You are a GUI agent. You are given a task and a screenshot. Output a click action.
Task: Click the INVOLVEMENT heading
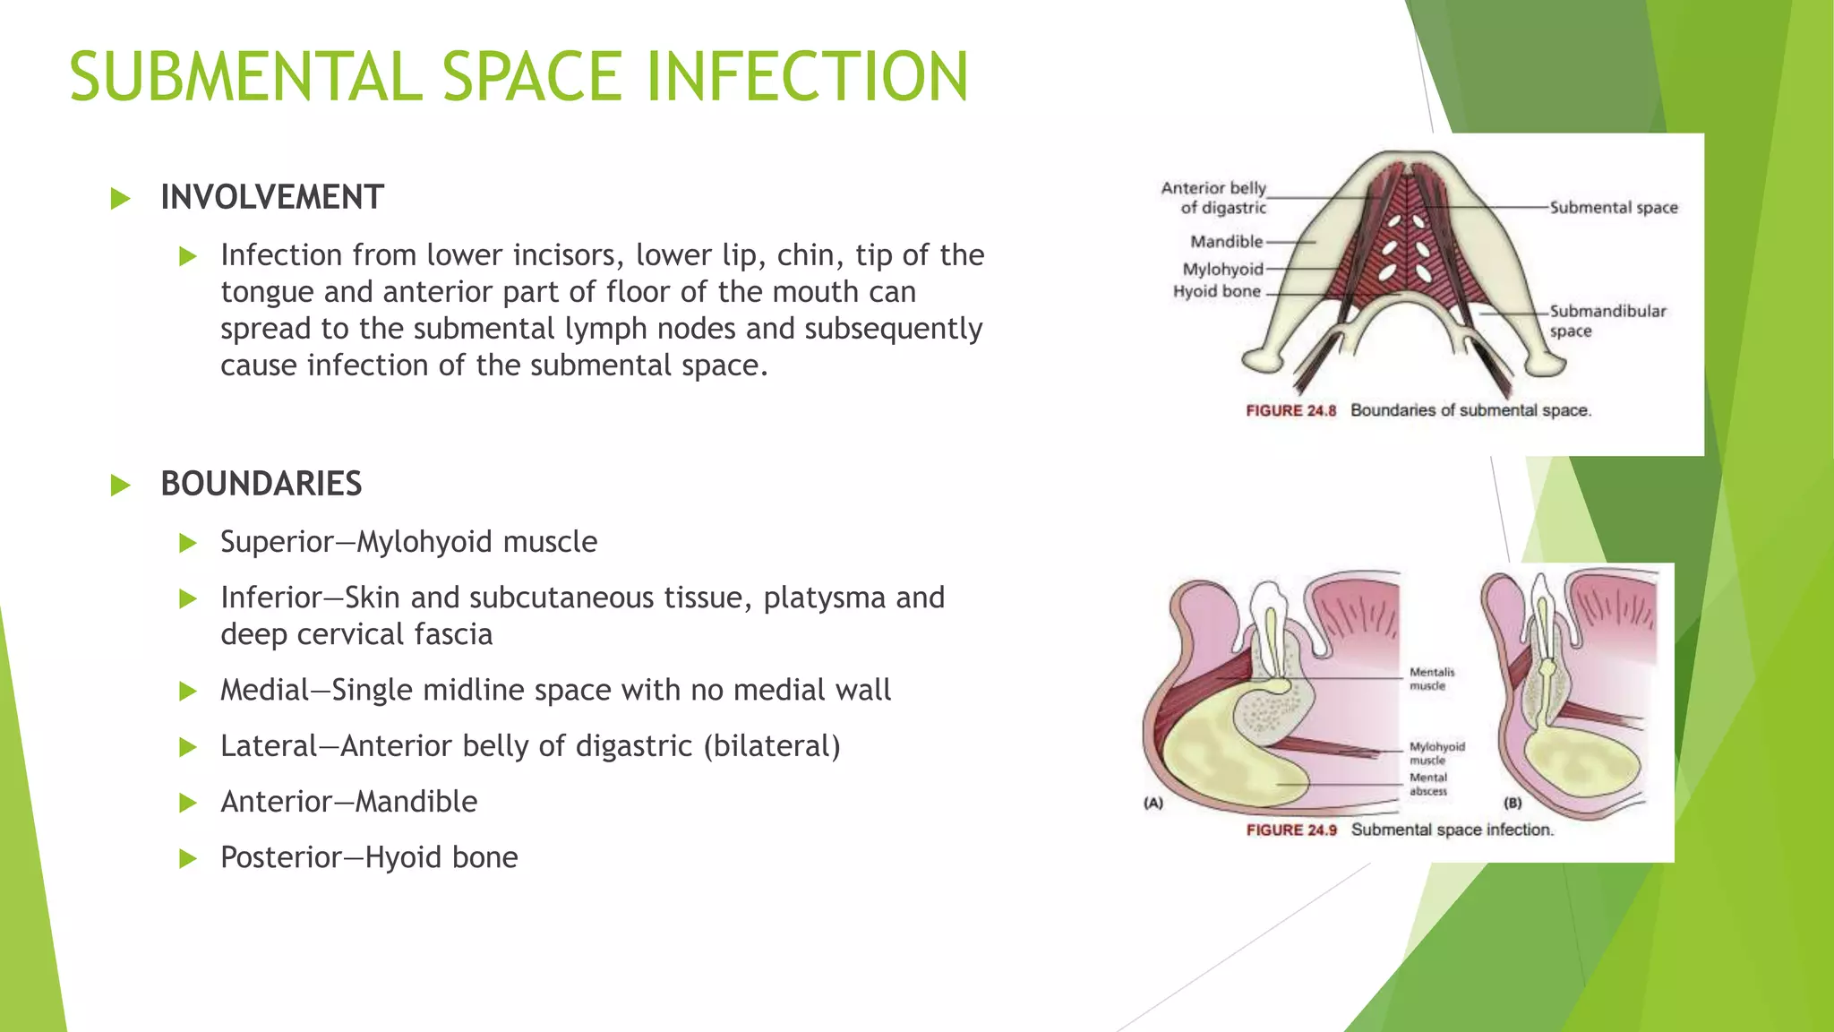(x=272, y=197)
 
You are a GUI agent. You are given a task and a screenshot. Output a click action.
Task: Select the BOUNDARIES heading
(x=261, y=484)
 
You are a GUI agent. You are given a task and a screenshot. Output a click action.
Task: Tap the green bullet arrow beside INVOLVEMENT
(x=120, y=198)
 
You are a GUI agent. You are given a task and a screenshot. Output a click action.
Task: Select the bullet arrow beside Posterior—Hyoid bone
(x=187, y=858)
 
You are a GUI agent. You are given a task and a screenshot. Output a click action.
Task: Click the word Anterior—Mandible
(x=348, y=802)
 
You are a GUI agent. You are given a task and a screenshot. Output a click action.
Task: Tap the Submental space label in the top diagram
(x=1613, y=208)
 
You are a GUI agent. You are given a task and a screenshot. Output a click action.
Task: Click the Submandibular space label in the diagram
(x=1607, y=320)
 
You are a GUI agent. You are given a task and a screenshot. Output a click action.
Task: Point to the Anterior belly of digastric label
(x=1214, y=197)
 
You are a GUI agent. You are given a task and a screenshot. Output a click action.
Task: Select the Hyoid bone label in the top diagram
(x=1216, y=291)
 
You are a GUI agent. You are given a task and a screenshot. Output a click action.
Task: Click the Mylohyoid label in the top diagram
(x=1222, y=269)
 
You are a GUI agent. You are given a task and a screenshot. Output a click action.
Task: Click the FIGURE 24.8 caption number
(x=1290, y=410)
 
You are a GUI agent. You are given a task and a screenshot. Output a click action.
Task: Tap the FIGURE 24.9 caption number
(x=1290, y=830)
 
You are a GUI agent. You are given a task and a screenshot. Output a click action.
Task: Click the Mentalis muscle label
(x=1431, y=678)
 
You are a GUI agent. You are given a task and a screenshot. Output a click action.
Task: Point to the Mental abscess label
(x=1427, y=784)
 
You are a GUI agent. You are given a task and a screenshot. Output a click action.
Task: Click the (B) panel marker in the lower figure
(x=1513, y=803)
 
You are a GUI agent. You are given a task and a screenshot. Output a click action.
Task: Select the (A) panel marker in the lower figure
(x=1153, y=803)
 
